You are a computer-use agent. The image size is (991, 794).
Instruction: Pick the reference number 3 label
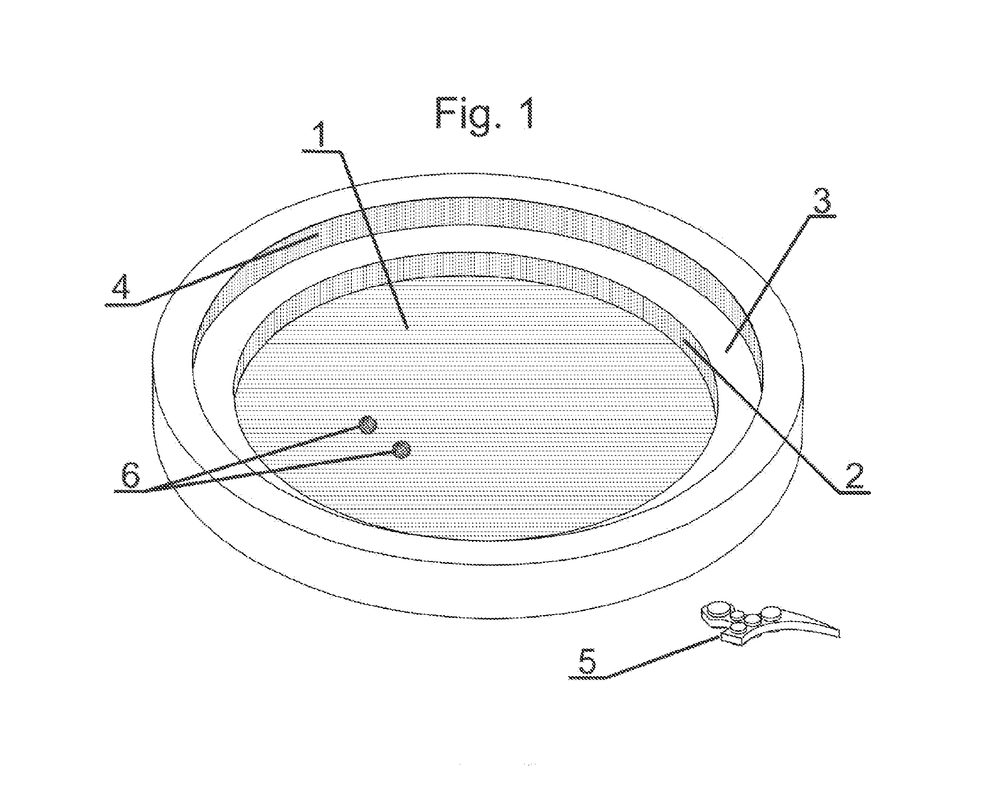point(821,200)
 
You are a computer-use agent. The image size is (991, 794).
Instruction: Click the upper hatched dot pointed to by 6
point(367,425)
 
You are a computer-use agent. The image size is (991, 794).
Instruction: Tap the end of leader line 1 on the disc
point(409,327)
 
